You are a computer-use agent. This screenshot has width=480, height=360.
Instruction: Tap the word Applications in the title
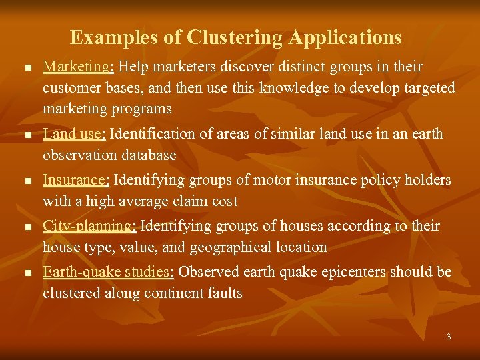[x=345, y=37]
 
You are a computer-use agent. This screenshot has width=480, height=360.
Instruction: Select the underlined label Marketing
[x=77, y=67]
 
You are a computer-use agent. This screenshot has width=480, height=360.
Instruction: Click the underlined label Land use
[x=73, y=133]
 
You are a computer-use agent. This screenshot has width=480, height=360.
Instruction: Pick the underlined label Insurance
[x=76, y=180]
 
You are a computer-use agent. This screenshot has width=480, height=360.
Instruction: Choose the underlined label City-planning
[x=89, y=226]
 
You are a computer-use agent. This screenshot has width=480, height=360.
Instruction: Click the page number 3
[x=449, y=337]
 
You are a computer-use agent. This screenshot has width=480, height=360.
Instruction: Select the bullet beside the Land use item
[x=27, y=135]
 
